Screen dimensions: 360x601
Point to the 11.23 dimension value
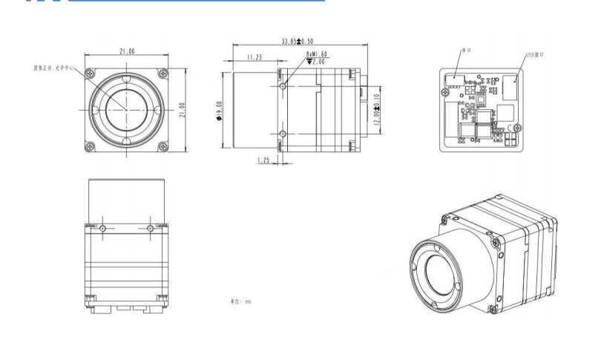point(254,57)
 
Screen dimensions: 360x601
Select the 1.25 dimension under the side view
point(263,160)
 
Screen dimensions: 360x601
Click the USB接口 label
point(536,56)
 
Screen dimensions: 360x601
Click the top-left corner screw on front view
point(90,73)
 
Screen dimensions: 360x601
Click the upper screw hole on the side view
point(283,85)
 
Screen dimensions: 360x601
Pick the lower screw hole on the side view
point(283,134)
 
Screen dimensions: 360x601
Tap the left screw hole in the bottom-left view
point(103,228)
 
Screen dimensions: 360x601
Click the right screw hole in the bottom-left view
point(150,228)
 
